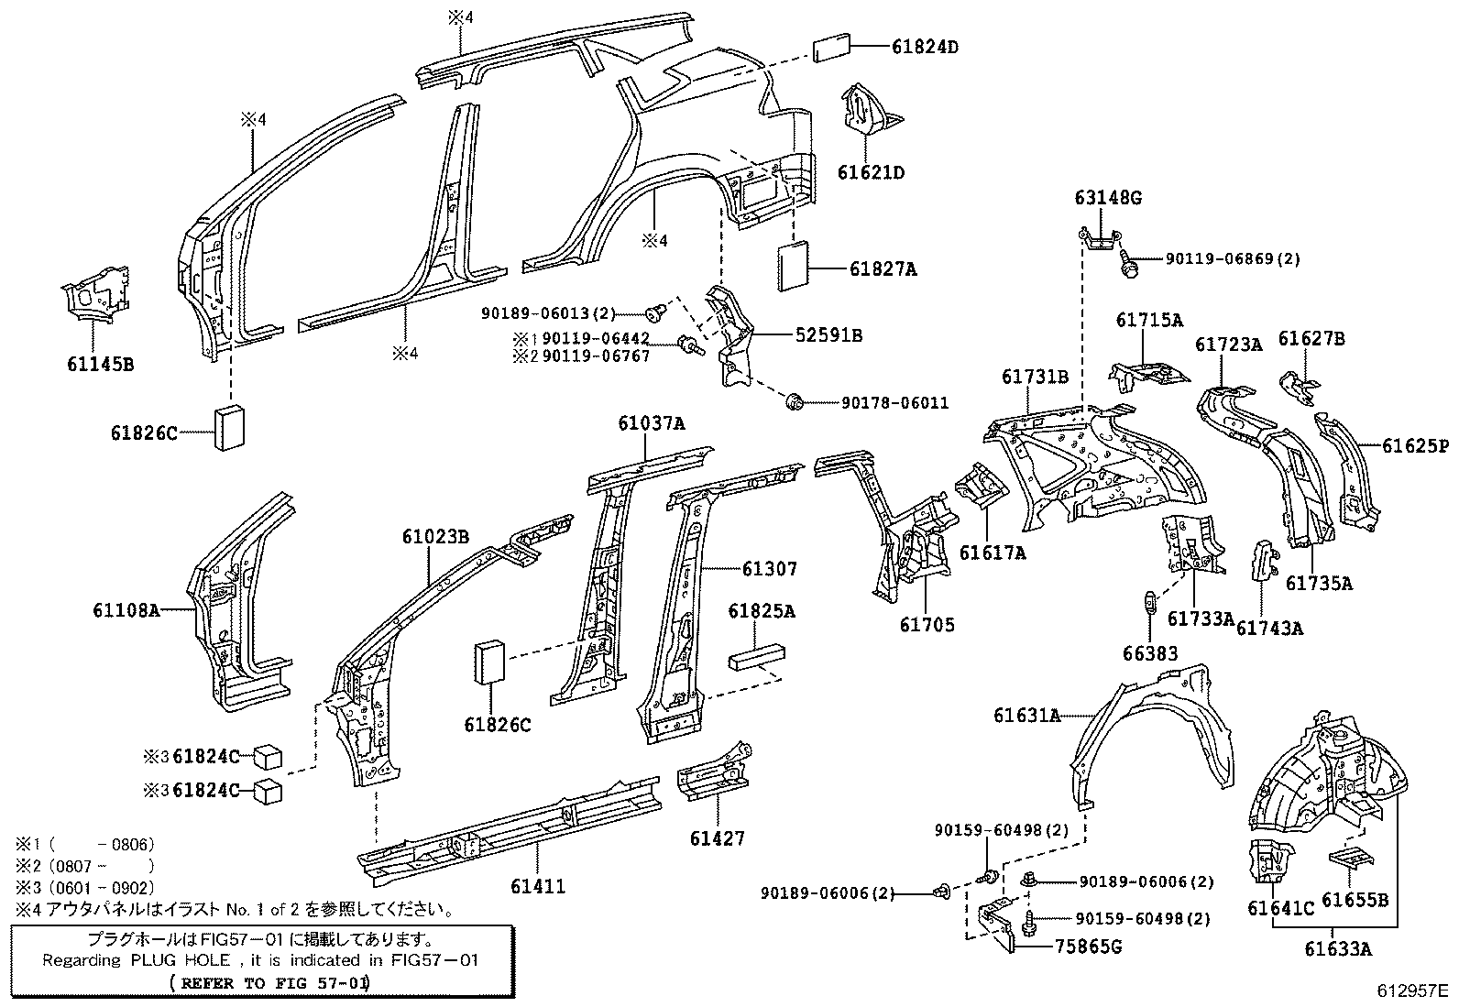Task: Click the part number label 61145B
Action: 100,364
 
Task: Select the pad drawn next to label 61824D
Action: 830,49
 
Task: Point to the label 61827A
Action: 883,268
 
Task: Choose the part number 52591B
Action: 828,335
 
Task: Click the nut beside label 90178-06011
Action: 795,401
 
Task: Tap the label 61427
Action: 718,837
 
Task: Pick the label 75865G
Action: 1089,947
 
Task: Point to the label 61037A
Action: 651,423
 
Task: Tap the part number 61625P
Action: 1415,446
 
